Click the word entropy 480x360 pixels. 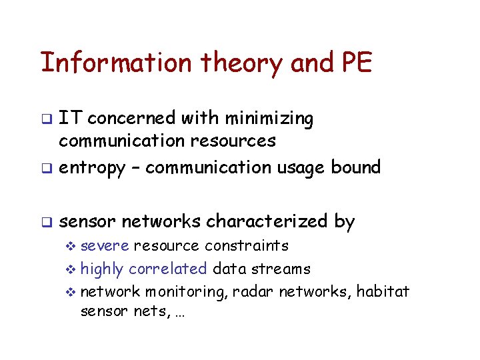92,167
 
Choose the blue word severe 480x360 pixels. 105,246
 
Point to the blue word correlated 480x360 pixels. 167,269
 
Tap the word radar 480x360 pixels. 253,291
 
